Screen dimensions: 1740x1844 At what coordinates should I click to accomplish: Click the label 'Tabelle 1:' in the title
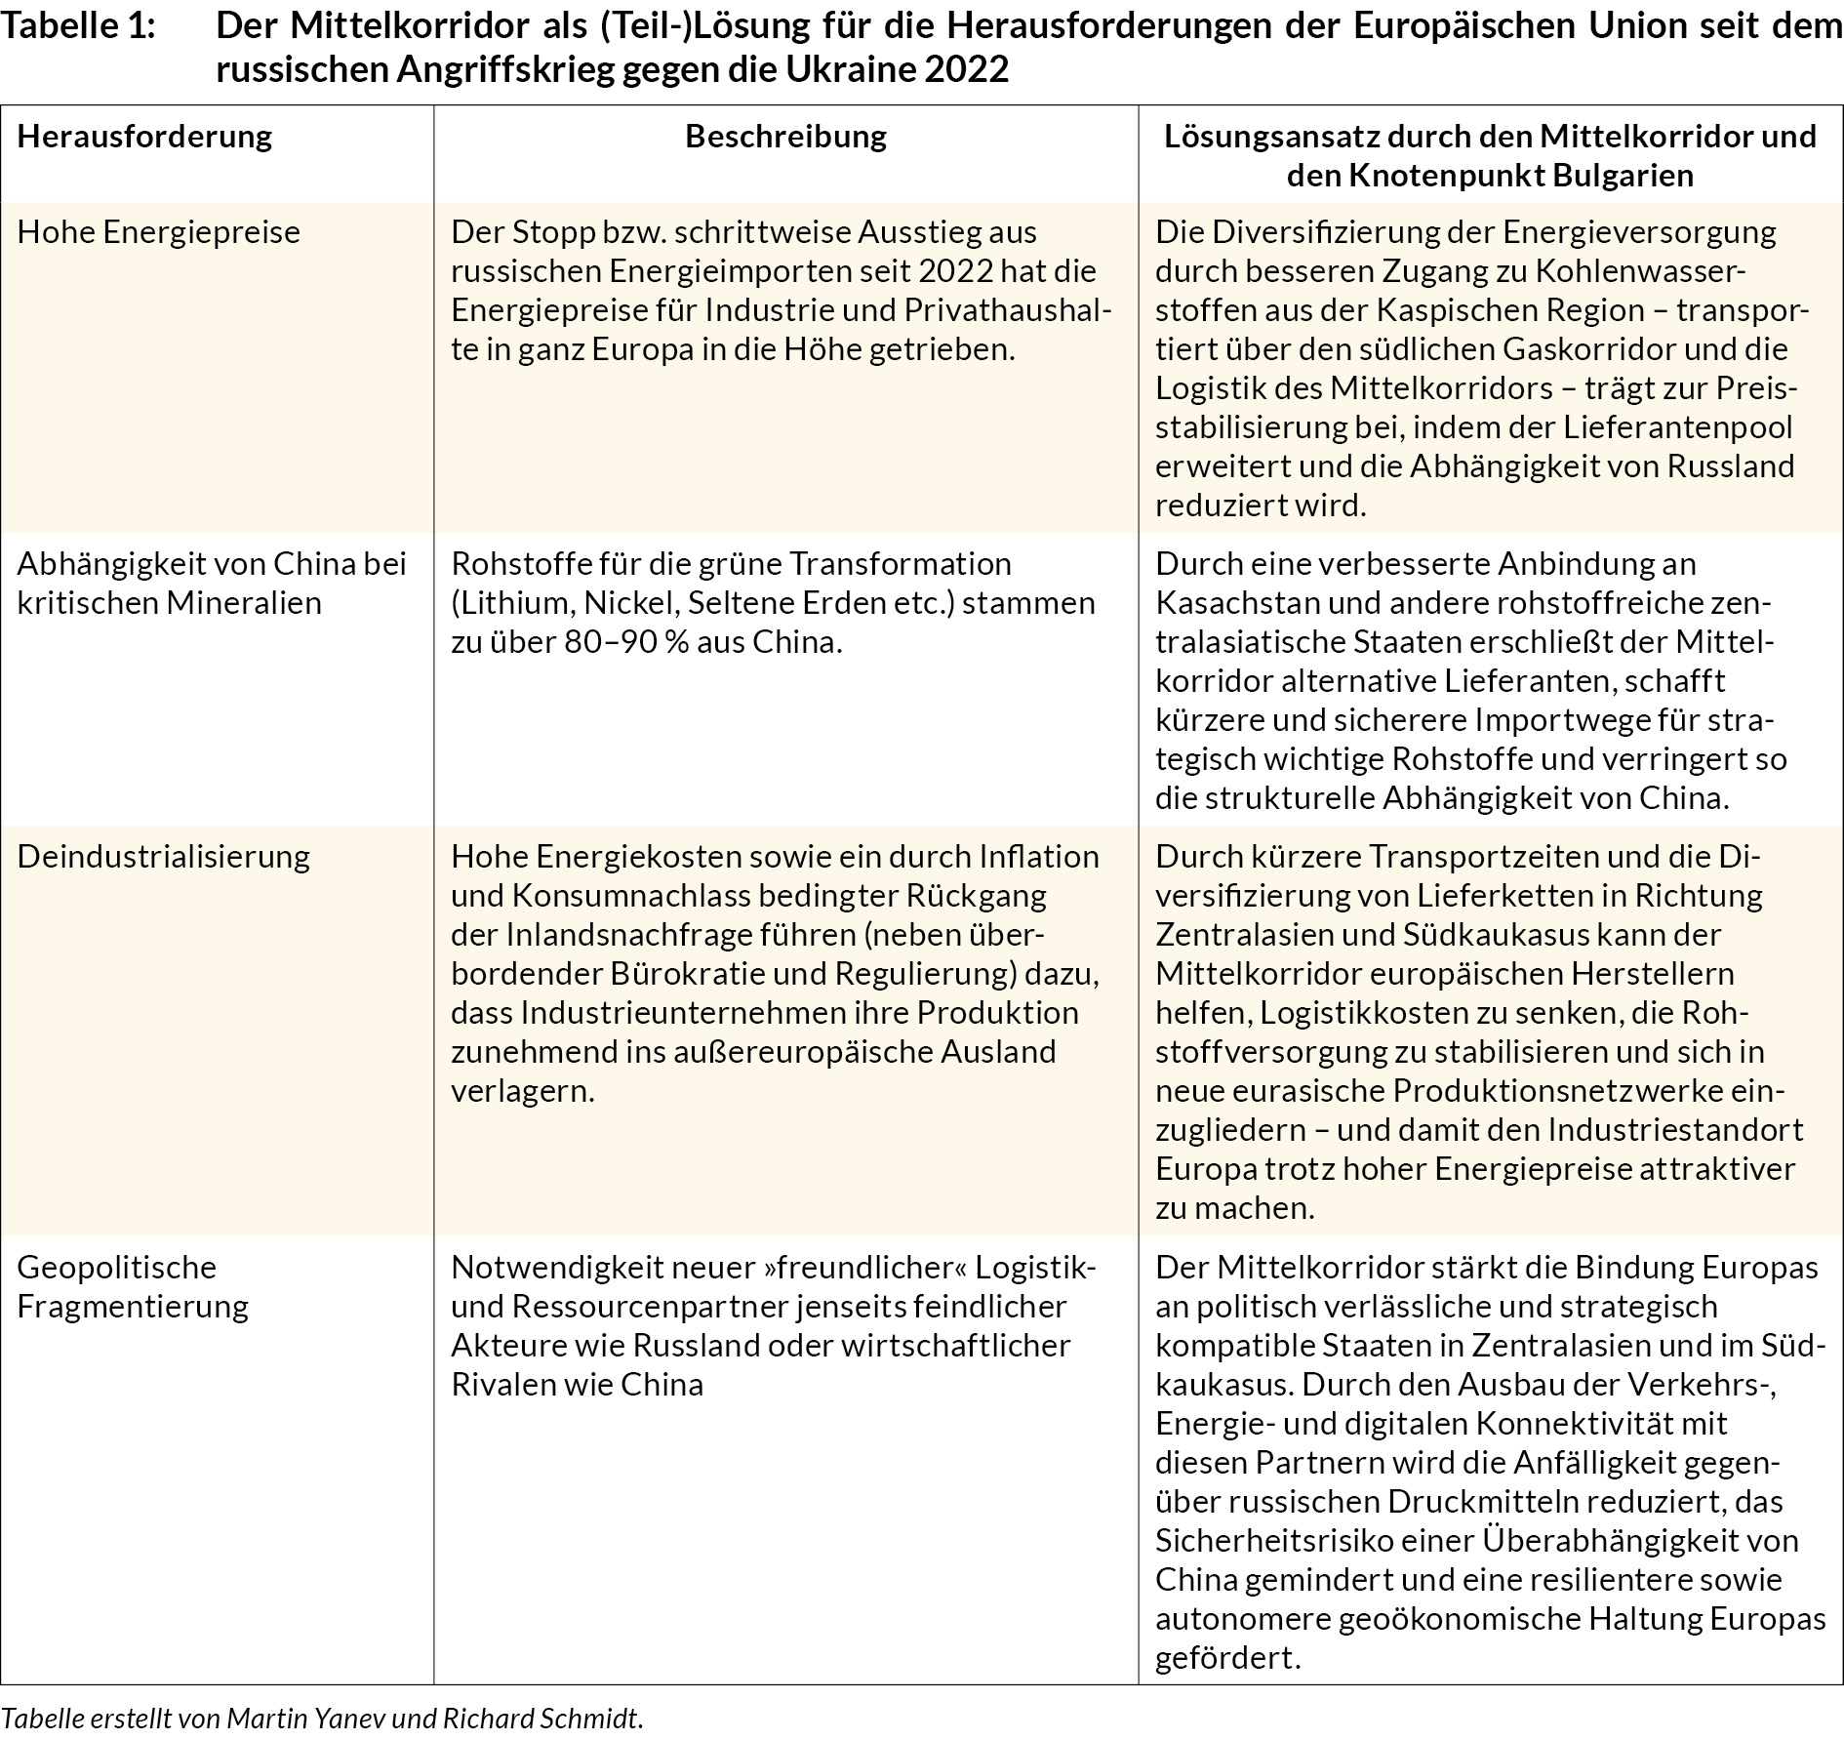78,27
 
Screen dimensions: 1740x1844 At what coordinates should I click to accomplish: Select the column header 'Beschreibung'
785,136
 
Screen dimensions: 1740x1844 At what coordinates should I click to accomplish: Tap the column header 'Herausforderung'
144,136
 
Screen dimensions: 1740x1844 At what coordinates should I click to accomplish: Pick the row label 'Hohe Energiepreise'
159,232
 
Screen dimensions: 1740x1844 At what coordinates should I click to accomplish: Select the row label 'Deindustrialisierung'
164,857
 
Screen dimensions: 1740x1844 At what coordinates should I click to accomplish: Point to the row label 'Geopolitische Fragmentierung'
133,1286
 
